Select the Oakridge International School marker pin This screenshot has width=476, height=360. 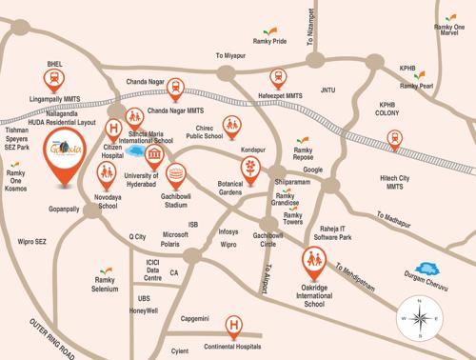pyautogui.click(x=312, y=259)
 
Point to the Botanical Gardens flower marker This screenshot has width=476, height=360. pyautogui.click(x=250, y=169)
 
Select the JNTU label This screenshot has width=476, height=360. pyautogui.click(x=329, y=90)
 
